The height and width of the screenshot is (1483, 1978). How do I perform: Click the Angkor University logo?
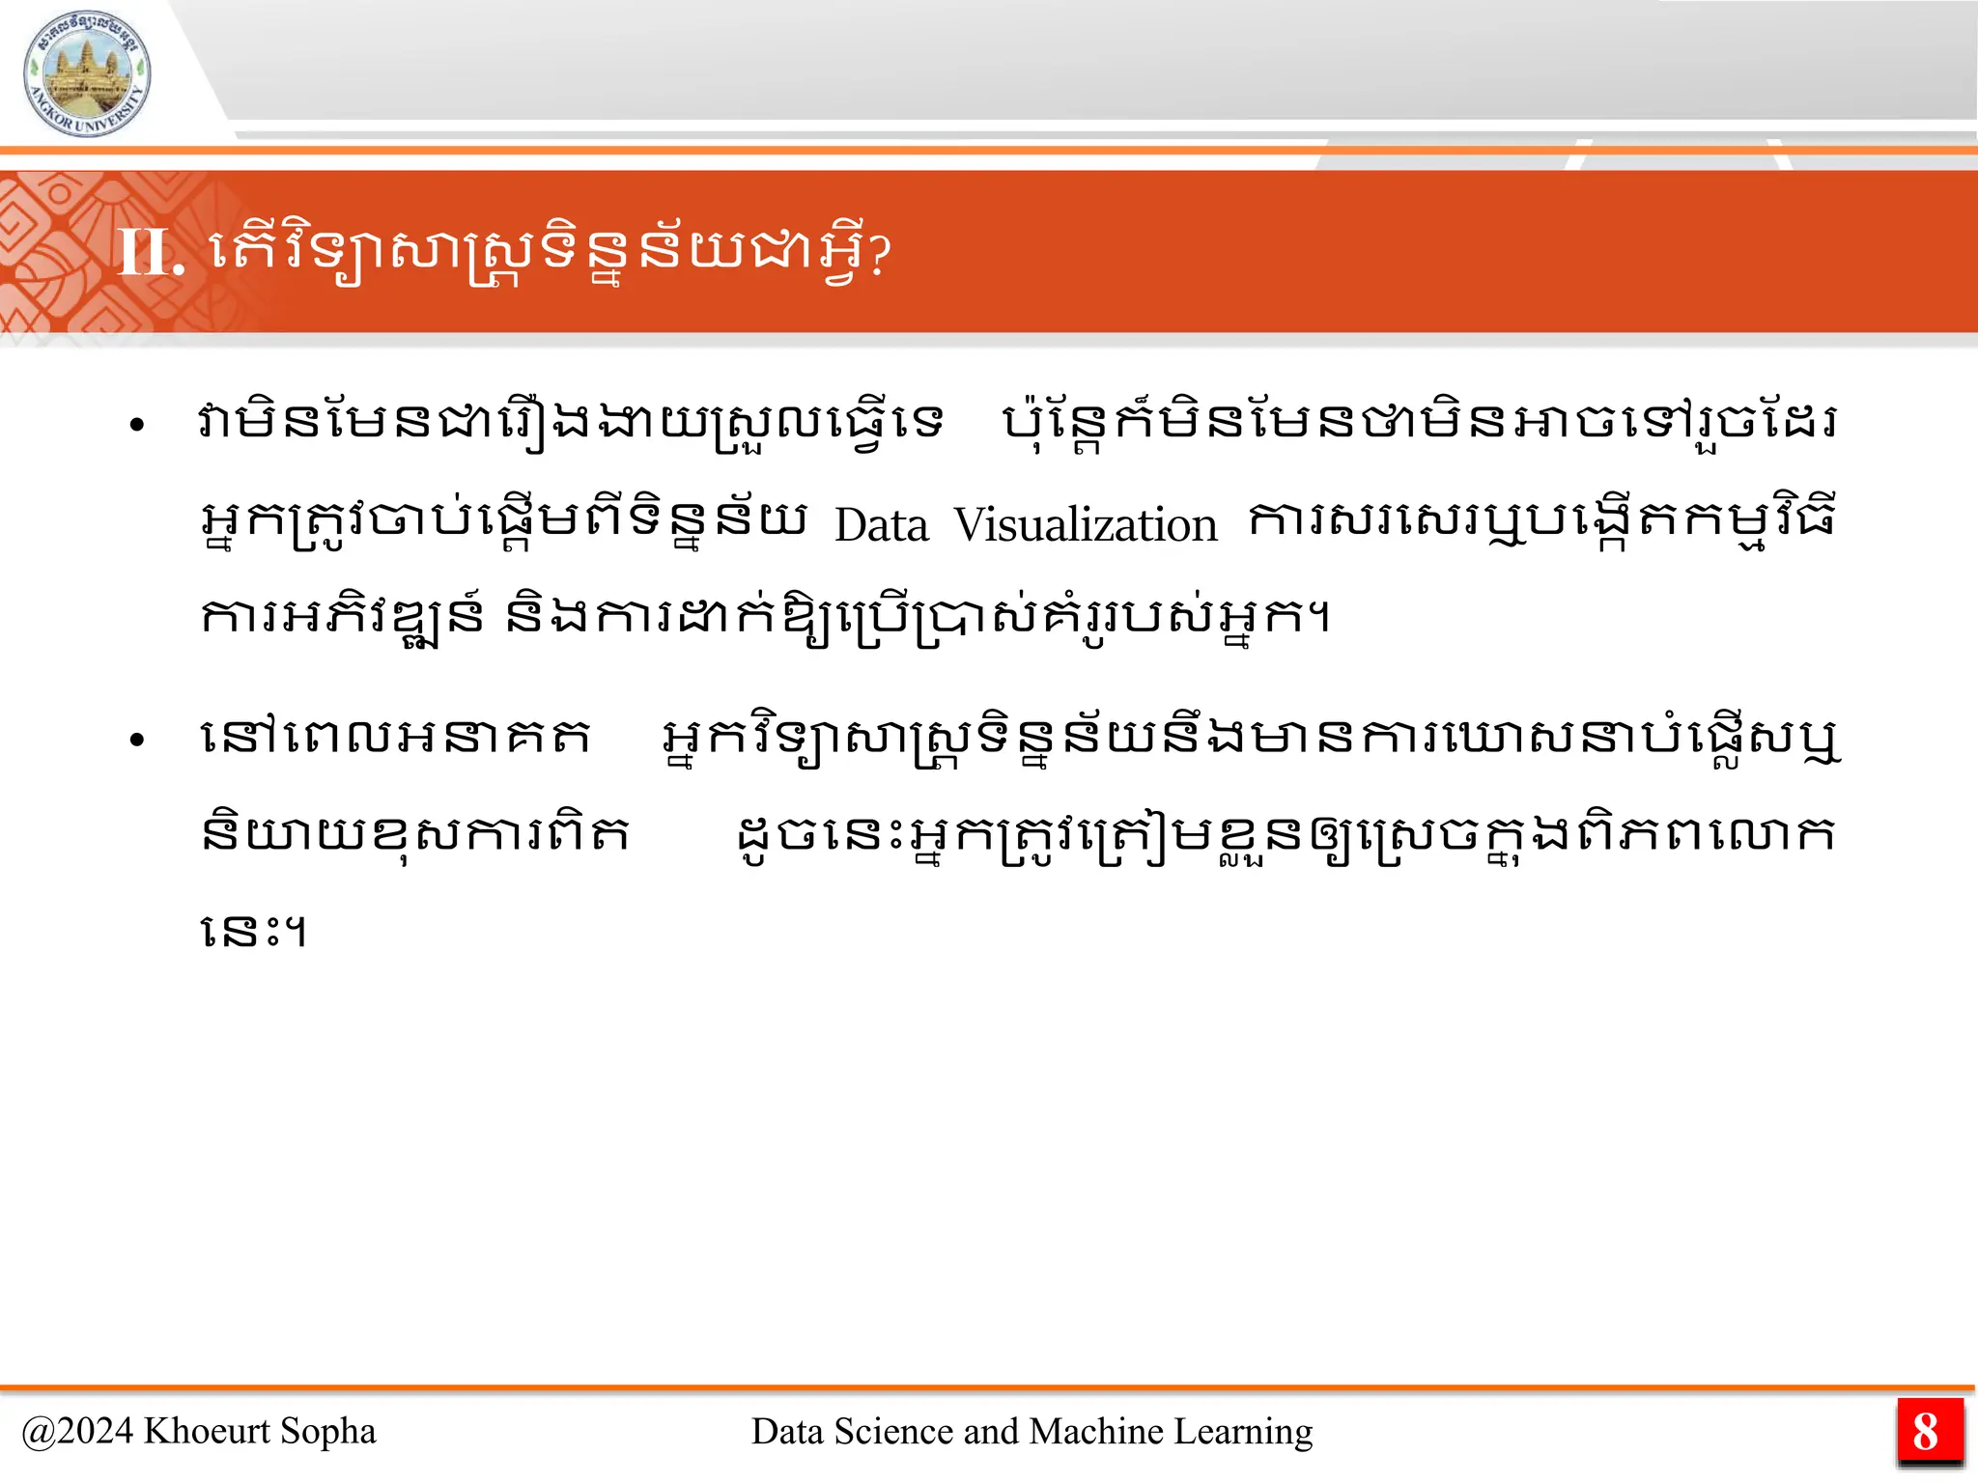point(87,73)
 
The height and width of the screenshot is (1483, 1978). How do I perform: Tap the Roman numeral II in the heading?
point(150,253)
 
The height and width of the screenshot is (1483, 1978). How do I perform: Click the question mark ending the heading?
point(878,256)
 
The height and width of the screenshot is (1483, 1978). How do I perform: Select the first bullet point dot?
point(137,425)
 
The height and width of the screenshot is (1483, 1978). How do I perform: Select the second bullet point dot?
point(137,741)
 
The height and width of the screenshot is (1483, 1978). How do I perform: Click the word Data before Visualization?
point(881,526)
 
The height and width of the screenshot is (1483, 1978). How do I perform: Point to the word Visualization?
point(1086,526)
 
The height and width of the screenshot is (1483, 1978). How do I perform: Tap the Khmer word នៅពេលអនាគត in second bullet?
point(395,739)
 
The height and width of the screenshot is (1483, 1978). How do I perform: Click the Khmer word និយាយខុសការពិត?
point(415,835)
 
